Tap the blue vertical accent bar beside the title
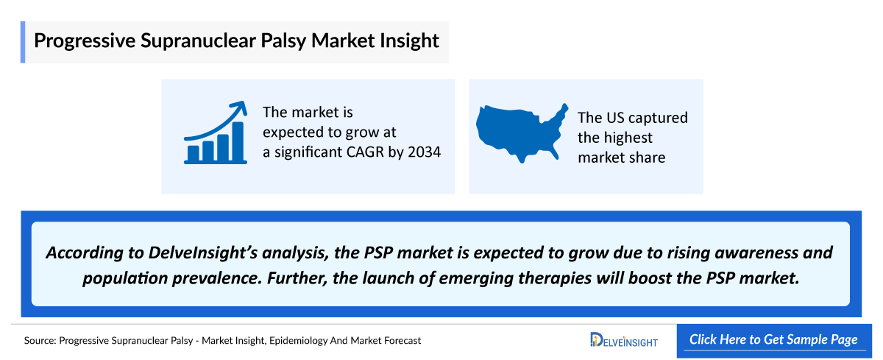[x=22, y=42]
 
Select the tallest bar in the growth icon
[x=238, y=141]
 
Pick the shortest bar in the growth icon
[x=193, y=153]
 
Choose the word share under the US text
[x=646, y=157]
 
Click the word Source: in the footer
[x=39, y=340]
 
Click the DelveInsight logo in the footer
[x=624, y=340]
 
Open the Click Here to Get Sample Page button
[x=773, y=340]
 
